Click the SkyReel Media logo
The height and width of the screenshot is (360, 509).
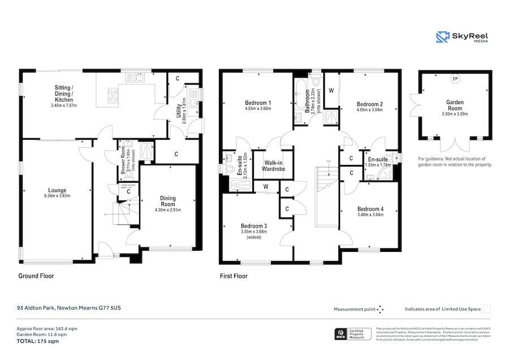tap(462, 37)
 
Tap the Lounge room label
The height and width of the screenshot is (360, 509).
tap(57, 190)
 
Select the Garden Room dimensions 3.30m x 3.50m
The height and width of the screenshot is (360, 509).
tap(455, 114)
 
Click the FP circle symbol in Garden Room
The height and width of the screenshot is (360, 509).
tap(454, 79)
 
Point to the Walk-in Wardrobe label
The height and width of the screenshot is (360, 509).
tap(273, 165)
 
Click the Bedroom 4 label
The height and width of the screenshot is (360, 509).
tap(370, 209)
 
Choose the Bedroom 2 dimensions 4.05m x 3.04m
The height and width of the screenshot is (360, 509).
tap(370, 112)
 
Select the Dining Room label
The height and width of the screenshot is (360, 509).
tap(167, 201)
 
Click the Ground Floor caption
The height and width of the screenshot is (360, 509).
tap(36, 276)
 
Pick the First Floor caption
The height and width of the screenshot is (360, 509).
tap(234, 276)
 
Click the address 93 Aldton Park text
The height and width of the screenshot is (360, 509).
tap(68, 308)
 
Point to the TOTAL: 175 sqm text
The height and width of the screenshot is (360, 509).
tap(37, 341)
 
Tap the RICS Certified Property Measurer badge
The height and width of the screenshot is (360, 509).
tap(353, 334)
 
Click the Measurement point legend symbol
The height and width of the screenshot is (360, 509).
tap(380, 309)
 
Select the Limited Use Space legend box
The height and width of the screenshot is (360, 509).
tap(486, 308)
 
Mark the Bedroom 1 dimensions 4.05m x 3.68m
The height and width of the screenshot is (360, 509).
tap(258, 109)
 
